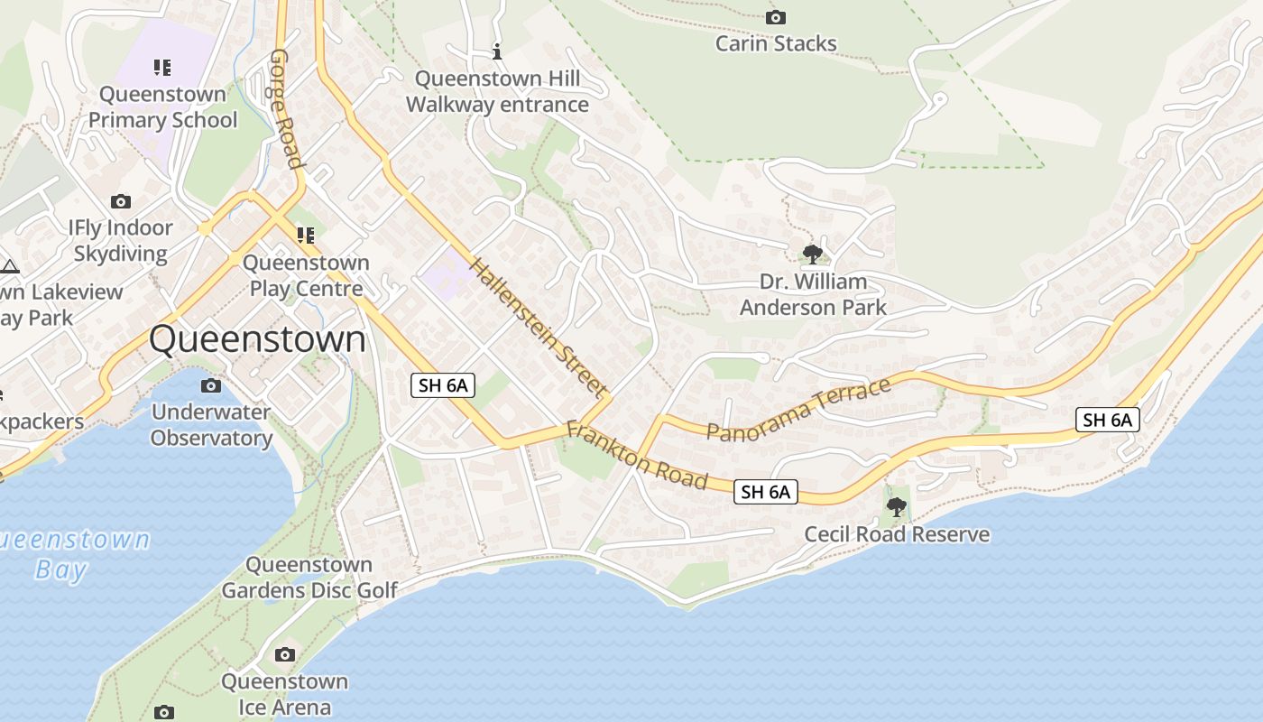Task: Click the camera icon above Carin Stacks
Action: (775, 17)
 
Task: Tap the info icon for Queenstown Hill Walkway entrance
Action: (496, 51)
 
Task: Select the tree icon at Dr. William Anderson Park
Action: (812, 254)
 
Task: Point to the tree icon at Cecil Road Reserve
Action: (896, 507)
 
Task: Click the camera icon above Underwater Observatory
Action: (210, 386)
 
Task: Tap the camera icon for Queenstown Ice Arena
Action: (285, 654)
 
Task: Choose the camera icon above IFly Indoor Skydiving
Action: (120, 201)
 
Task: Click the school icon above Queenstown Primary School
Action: (162, 67)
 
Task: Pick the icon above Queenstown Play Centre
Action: (306, 236)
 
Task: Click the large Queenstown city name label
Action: (258, 340)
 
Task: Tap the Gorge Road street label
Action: (285, 108)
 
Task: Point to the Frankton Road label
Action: (637, 455)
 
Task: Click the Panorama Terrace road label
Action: (798, 410)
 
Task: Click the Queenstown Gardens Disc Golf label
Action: (309, 578)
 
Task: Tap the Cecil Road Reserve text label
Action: (897, 534)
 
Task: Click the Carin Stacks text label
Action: (776, 43)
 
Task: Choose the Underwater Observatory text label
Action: (211, 425)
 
